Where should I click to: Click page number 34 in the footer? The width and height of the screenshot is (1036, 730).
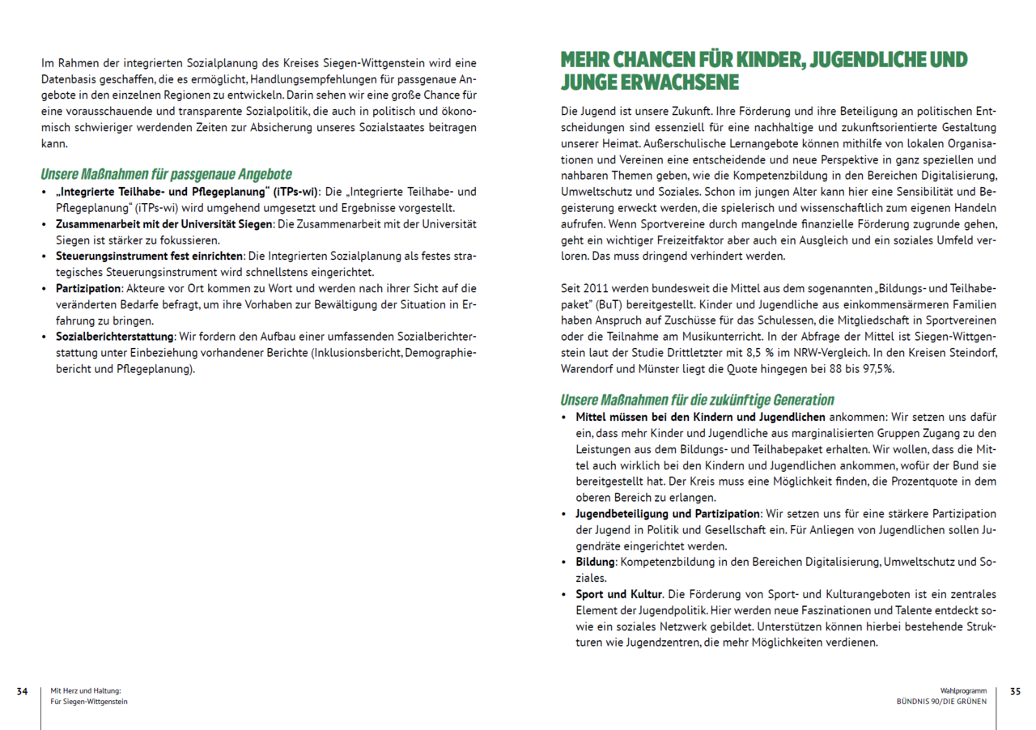[23, 691]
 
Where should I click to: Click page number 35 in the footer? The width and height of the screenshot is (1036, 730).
[1015, 691]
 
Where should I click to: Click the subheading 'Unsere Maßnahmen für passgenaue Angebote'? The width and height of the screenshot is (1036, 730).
[166, 174]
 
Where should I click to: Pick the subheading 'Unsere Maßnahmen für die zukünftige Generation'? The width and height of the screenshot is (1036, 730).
[697, 400]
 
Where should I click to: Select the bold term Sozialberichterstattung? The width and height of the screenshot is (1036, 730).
[115, 336]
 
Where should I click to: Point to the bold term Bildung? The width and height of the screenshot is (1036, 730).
[594, 562]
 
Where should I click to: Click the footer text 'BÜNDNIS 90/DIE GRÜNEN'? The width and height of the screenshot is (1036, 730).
[941, 702]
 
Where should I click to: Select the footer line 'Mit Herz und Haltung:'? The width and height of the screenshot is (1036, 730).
[86, 691]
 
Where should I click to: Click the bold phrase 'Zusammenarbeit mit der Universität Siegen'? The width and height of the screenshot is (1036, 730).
[165, 223]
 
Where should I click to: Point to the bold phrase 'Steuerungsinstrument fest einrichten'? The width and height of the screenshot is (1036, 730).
[149, 256]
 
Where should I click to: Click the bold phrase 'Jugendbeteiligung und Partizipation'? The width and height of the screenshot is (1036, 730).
[668, 514]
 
